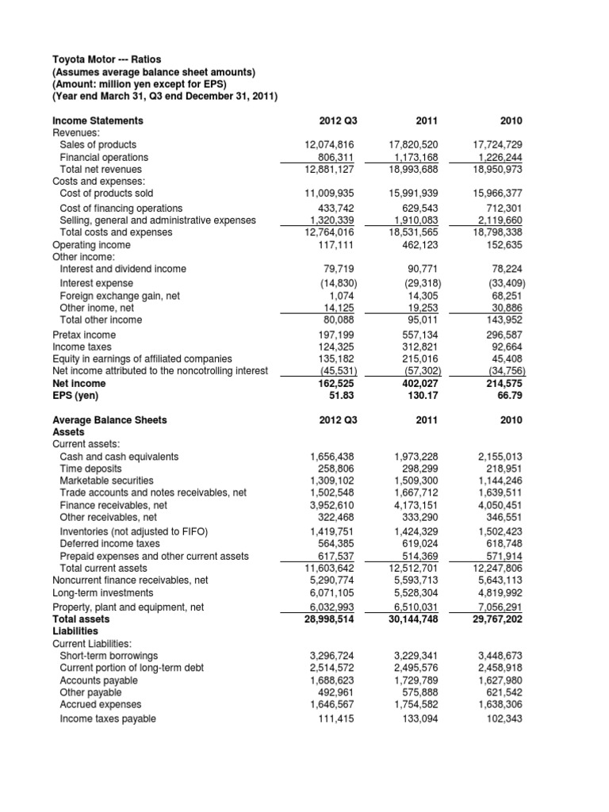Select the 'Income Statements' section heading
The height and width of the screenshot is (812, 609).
point(98,121)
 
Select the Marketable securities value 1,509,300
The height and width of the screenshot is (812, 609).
point(419,480)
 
